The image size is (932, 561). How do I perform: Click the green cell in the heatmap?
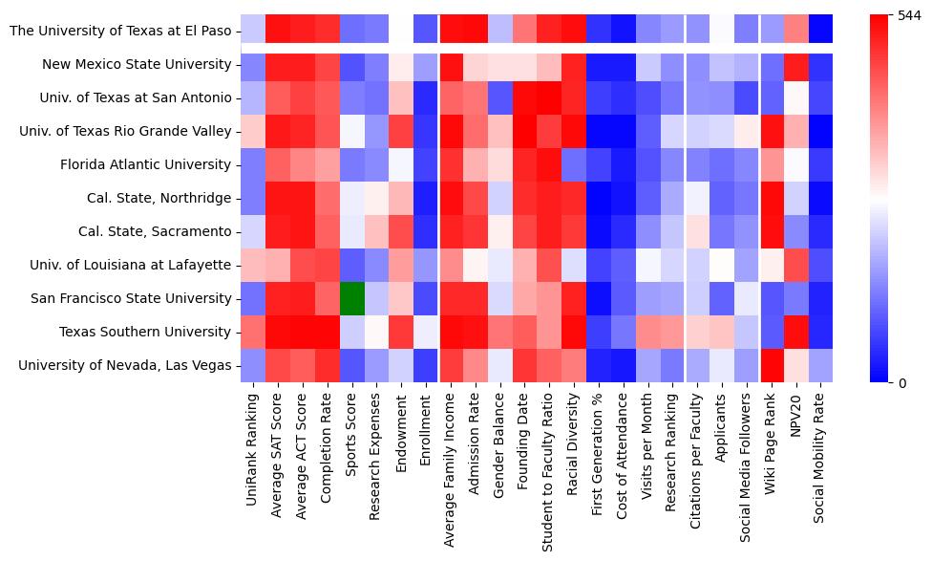[351, 298]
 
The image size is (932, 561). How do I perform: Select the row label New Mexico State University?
[137, 65]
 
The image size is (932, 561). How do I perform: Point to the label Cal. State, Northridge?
[151, 198]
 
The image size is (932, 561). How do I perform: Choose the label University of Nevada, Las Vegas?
[124, 365]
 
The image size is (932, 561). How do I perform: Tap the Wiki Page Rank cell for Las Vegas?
[771, 365]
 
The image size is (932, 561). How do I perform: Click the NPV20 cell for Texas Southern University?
[795, 332]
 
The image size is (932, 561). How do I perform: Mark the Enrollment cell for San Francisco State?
[426, 298]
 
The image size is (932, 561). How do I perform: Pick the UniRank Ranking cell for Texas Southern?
[253, 332]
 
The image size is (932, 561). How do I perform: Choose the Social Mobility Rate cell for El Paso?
[820, 31]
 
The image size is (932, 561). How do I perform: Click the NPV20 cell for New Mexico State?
[795, 65]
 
